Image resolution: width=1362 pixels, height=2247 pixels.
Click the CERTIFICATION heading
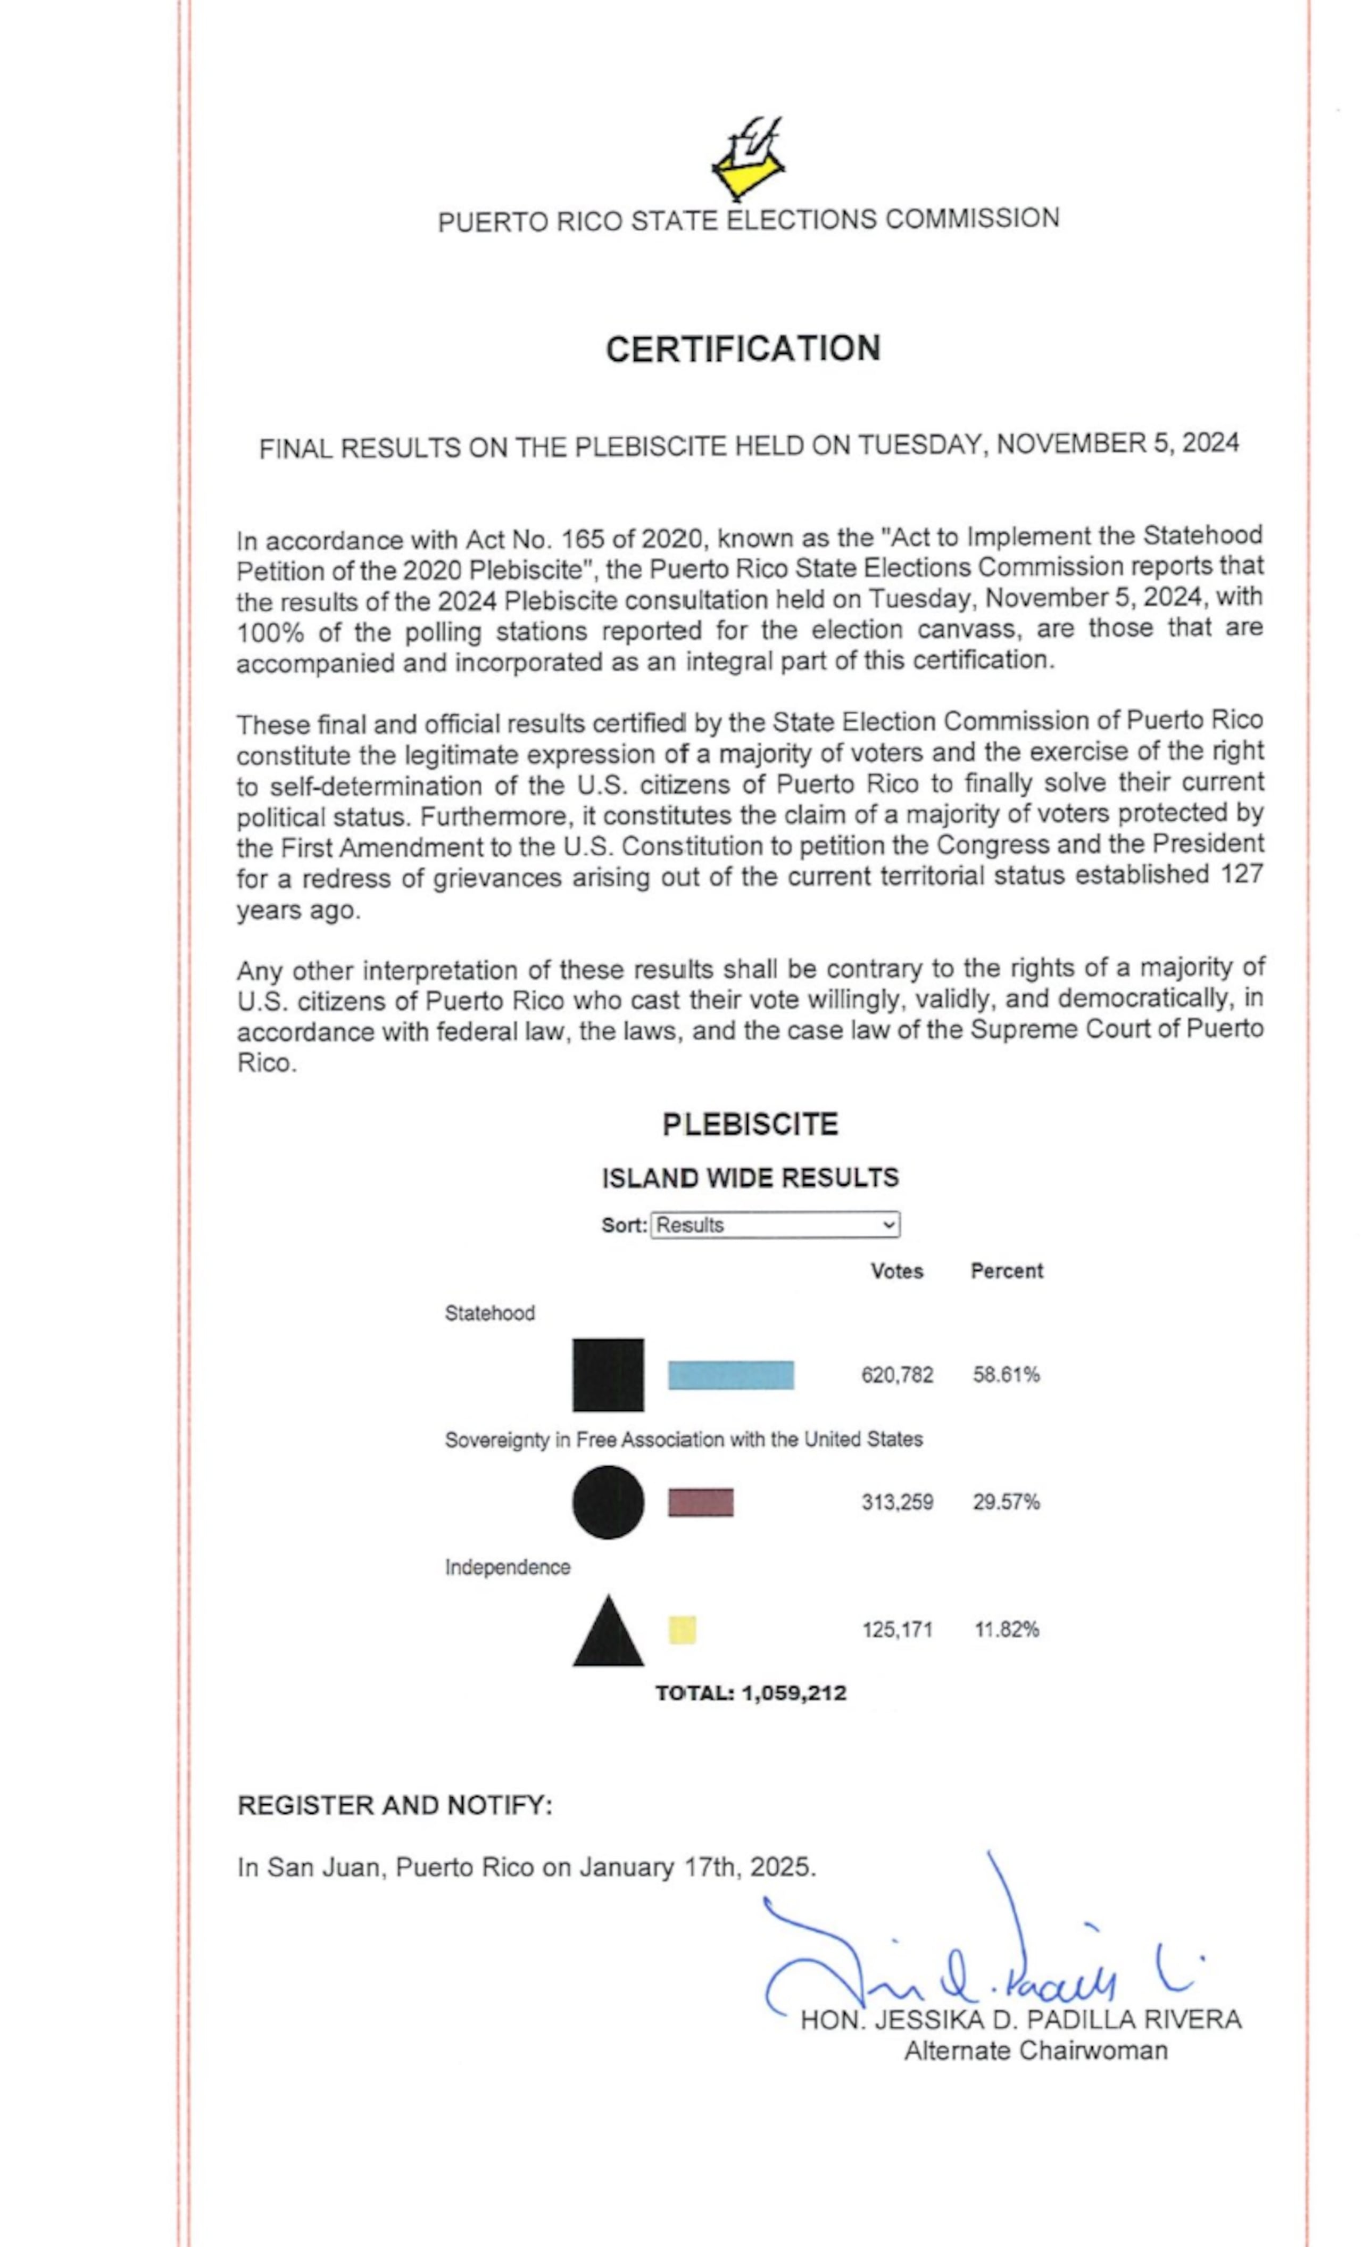click(x=743, y=349)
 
